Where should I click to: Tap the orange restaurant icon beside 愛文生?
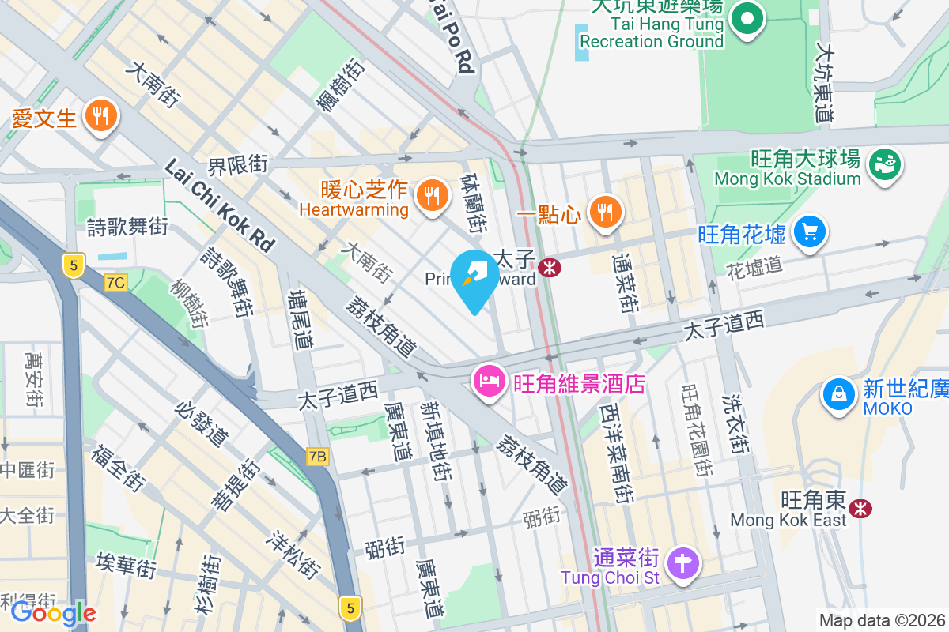tap(100, 117)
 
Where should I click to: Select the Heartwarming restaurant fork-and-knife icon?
tap(431, 194)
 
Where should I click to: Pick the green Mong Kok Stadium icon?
tap(884, 164)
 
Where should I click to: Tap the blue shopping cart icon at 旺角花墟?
tap(809, 233)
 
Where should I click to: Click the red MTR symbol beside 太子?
tap(549, 268)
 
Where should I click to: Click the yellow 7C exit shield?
tap(115, 282)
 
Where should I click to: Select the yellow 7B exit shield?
tap(317, 457)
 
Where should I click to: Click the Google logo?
tap(53, 613)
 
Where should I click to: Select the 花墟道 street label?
tap(754, 265)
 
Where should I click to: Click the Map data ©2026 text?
tap(882, 621)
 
